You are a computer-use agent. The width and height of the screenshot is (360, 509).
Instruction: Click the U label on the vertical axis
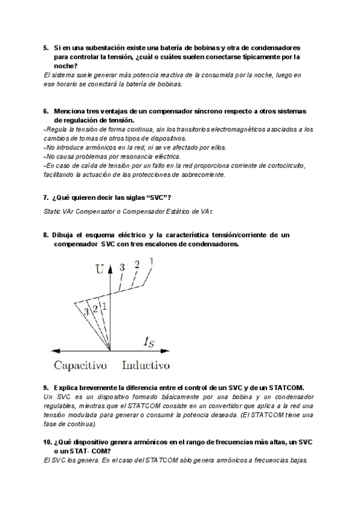click(x=99, y=270)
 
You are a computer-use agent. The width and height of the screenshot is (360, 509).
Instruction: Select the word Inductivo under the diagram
click(x=146, y=365)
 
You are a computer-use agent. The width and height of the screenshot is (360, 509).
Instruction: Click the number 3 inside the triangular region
click(x=86, y=312)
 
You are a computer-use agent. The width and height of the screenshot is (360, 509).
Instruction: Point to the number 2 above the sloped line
click(x=137, y=265)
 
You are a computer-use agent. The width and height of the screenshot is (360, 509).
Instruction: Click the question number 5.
click(x=46, y=47)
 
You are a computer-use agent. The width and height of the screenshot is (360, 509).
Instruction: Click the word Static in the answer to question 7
click(x=53, y=211)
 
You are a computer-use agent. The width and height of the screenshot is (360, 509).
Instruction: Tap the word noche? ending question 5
click(x=66, y=65)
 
